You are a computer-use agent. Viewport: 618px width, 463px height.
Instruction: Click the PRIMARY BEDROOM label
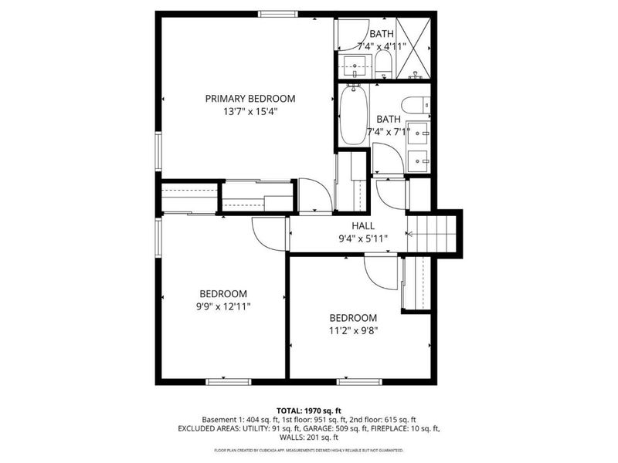pyautogui.click(x=250, y=99)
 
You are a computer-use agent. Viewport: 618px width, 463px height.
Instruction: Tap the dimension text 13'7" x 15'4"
pyautogui.click(x=250, y=111)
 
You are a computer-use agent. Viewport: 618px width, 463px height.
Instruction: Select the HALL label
pyautogui.click(x=363, y=226)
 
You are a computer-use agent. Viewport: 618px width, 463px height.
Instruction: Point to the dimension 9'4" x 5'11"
pyautogui.click(x=362, y=238)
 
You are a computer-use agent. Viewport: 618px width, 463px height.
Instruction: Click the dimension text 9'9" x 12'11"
pyautogui.click(x=222, y=306)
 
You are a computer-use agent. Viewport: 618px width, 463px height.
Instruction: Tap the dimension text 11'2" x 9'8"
pyautogui.click(x=353, y=331)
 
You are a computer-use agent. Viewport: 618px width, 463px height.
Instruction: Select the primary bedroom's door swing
pyautogui.click(x=314, y=195)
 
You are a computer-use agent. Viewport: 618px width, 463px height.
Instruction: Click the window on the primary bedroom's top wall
pyautogui.click(x=278, y=14)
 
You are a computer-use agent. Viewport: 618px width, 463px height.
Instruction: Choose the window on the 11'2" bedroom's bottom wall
pyautogui.click(x=359, y=380)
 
